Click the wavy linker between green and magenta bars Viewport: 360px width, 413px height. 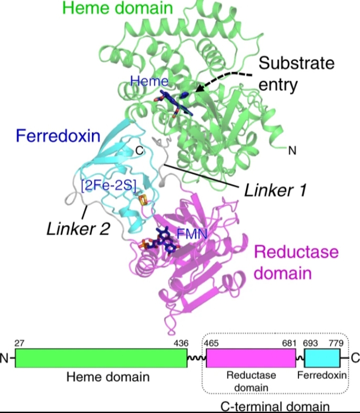[x=195, y=358]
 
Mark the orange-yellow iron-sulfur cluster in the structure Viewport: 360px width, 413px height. [x=142, y=201]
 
